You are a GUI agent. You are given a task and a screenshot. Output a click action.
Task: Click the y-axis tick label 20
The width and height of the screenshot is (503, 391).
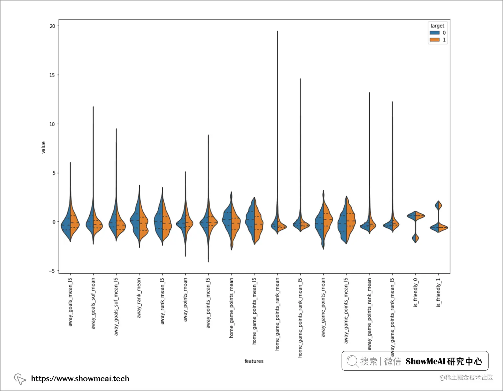[x=52, y=26]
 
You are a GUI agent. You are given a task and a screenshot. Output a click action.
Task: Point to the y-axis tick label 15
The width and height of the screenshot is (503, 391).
[x=52, y=75]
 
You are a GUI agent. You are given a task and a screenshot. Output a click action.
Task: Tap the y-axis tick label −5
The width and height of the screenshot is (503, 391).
[x=52, y=271]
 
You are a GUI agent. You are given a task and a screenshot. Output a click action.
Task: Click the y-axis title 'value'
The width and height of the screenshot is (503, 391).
[x=43, y=147]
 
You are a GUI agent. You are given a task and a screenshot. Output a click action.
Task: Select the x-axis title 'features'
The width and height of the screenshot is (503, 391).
[x=254, y=361]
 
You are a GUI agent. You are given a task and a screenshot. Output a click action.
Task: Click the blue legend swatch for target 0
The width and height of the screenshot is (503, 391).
[x=434, y=33]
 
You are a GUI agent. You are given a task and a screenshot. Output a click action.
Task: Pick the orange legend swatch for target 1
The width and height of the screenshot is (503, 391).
[x=434, y=40]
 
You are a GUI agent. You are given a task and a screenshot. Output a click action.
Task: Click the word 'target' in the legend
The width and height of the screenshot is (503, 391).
[x=437, y=26]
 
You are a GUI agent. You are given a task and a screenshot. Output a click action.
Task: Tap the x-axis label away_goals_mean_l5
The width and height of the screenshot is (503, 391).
[x=70, y=302]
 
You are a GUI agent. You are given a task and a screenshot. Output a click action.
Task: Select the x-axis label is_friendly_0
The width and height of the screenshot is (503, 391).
[x=415, y=293]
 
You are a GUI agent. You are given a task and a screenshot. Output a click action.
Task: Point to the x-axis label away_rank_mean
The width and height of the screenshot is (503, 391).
[x=139, y=298]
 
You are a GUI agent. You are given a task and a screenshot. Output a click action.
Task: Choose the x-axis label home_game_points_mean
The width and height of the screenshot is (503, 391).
[x=231, y=308]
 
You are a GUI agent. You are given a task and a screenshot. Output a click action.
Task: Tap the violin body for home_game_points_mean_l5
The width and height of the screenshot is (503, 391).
[x=254, y=221]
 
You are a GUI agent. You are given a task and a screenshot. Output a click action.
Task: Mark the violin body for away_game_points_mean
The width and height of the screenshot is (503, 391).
[x=323, y=221]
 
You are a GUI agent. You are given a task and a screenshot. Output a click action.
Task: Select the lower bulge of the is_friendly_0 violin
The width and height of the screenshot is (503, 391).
[x=415, y=238]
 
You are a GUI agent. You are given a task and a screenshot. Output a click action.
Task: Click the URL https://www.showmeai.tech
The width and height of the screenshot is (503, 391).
[x=80, y=378]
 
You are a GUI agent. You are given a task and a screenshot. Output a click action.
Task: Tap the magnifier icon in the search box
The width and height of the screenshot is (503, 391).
[x=352, y=361]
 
